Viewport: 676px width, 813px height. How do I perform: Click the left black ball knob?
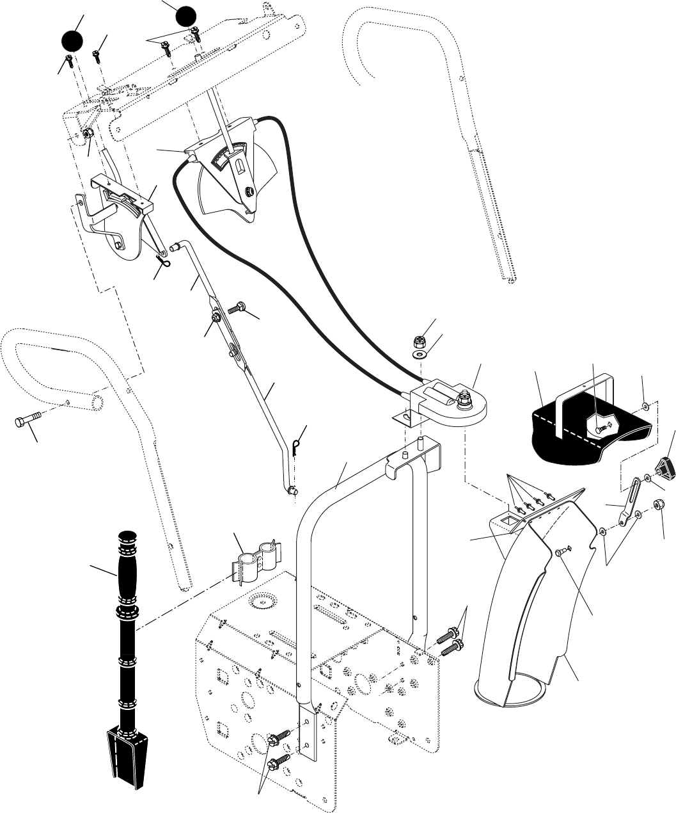click(73, 43)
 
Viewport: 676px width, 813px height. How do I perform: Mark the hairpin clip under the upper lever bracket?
click(164, 262)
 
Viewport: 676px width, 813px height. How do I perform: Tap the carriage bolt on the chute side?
click(560, 552)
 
